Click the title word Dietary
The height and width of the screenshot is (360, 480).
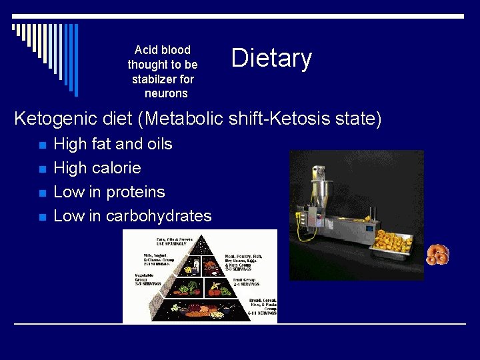click(271, 59)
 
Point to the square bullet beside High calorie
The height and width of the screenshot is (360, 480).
click(42, 169)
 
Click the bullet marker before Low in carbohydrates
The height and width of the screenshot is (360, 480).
click(42, 217)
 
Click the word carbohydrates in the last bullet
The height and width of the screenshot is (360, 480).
click(159, 216)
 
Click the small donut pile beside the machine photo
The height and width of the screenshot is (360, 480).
click(437, 254)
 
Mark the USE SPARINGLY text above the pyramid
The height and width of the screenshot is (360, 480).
click(171, 244)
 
